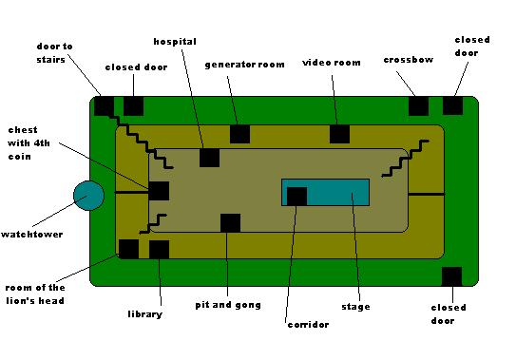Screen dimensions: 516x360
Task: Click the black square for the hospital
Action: tap(210, 158)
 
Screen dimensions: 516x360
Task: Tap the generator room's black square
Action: tap(239, 134)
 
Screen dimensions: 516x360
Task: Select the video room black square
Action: tap(339, 134)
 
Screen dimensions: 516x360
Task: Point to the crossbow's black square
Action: tap(418, 106)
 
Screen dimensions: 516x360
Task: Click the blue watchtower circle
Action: tap(89, 196)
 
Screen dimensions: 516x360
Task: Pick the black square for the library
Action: tap(160, 250)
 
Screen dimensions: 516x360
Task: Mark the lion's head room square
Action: tap(128, 249)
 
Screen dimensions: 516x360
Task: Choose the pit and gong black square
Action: tap(230, 223)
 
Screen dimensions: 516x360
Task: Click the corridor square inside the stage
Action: tap(296, 197)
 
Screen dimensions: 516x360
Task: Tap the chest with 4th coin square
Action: tap(160, 191)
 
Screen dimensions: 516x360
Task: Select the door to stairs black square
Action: tap(105, 106)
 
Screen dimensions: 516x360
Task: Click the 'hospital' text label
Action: tap(175, 42)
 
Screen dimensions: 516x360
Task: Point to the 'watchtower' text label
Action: tap(32, 235)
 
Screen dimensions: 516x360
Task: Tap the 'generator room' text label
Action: tap(244, 65)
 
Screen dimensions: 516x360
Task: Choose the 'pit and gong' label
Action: tap(228, 305)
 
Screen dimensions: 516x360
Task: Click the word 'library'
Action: tap(145, 314)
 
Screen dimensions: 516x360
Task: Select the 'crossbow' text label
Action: tap(409, 60)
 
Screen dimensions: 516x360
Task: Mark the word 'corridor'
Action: tap(308, 325)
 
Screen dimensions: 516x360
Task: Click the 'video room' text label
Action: tap(332, 63)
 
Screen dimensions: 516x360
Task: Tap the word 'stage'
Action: tap(355, 307)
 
